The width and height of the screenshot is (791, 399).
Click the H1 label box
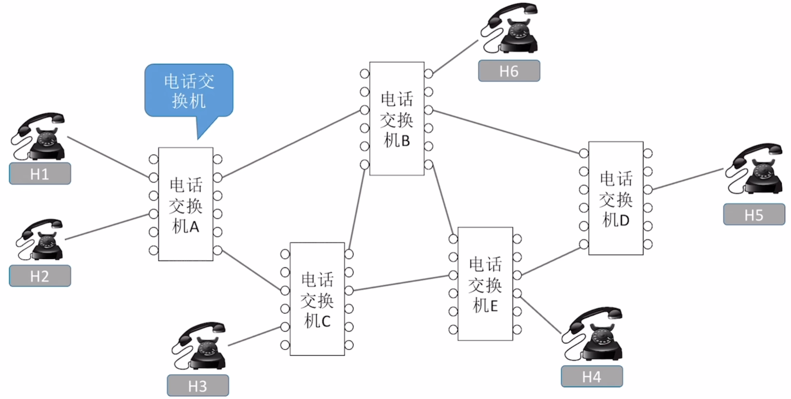pos(40,174)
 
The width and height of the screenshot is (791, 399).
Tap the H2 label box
pos(40,276)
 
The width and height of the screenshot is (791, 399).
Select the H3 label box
pos(198,386)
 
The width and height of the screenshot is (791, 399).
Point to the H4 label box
pos(592,376)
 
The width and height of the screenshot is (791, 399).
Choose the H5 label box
pos(754,214)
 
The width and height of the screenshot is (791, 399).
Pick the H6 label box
pos(509,71)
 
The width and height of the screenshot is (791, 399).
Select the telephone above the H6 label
pos(510,29)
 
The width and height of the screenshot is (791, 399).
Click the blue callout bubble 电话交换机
pos(189,91)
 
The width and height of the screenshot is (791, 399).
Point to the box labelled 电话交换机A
pos(186,204)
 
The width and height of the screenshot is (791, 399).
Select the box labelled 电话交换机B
pos(397,119)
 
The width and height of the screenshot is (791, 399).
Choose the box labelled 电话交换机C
pos(317,299)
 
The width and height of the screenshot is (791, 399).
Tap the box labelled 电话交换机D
pos(616,198)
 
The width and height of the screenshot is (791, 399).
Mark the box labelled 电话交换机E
pos(485,284)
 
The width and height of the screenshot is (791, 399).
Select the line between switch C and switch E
pos(401,283)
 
